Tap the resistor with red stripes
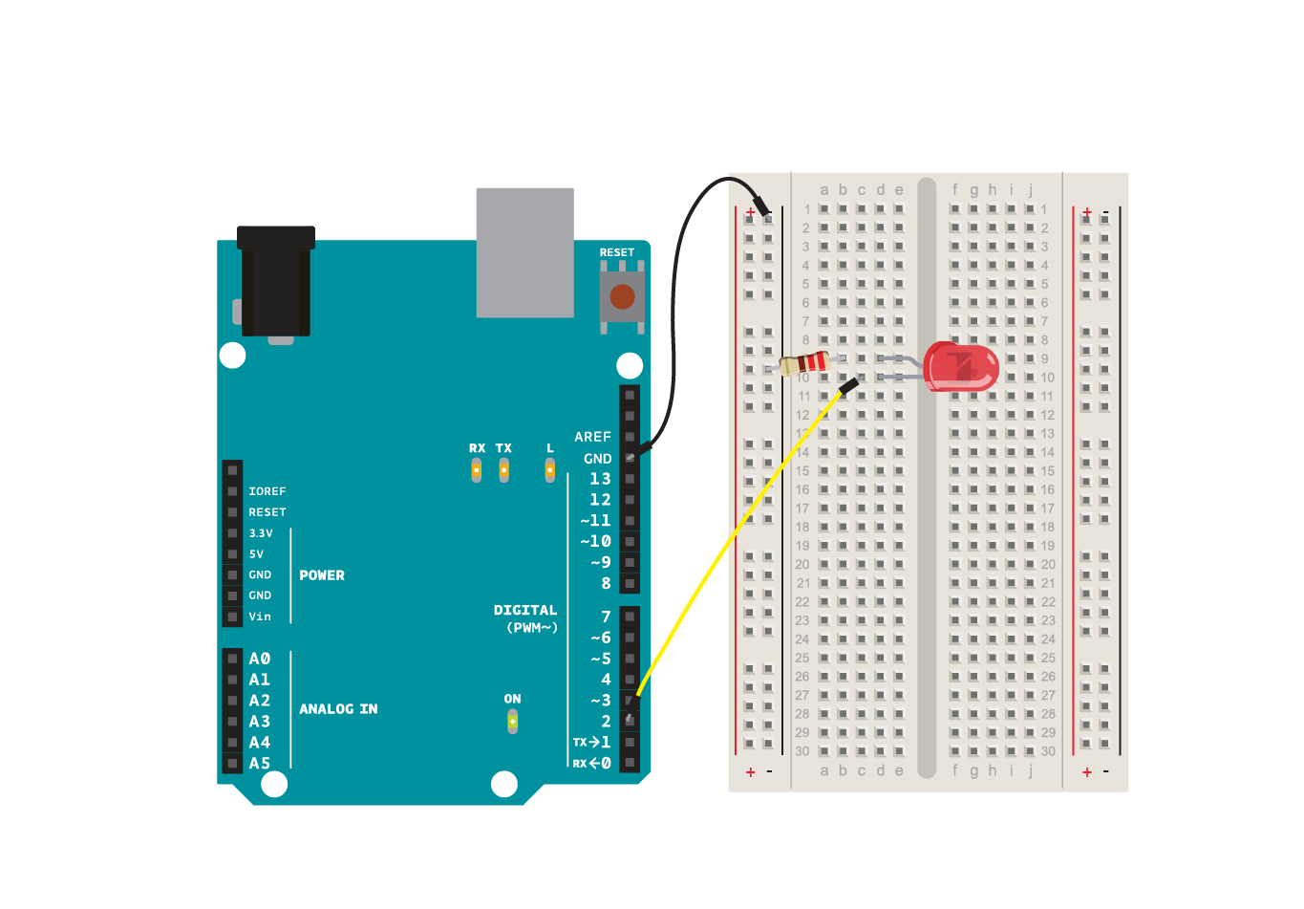click(x=805, y=363)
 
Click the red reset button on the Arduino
click(x=622, y=296)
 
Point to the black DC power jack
click(x=275, y=282)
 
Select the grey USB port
click(x=524, y=252)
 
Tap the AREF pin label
click(x=592, y=437)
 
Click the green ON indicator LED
click(x=512, y=721)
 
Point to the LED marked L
click(x=549, y=469)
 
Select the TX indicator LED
click(x=503, y=469)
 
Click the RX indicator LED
click(x=476, y=469)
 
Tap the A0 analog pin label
click(x=260, y=659)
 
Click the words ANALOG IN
click(x=338, y=709)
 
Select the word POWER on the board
click(x=322, y=575)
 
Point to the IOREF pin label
click(x=267, y=491)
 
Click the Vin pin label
click(x=260, y=617)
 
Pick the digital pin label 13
click(x=600, y=479)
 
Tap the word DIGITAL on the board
click(x=524, y=610)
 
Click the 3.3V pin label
click(x=261, y=533)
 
